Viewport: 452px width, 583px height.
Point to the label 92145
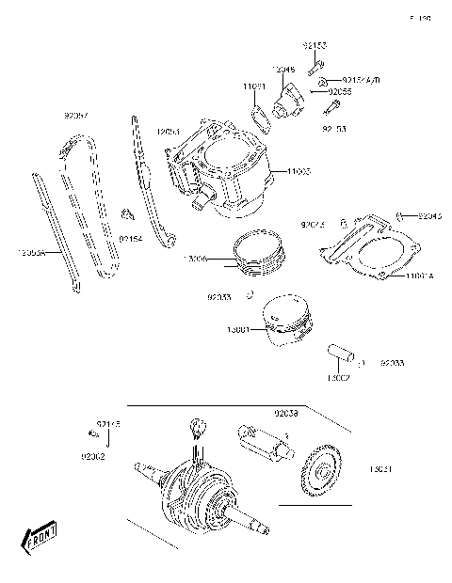click(x=108, y=425)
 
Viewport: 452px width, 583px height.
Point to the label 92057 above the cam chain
click(x=76, y=116)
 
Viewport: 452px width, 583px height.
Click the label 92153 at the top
click(x=315, y=45)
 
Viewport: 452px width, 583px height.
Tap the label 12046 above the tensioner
click(x=283, y=70)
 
